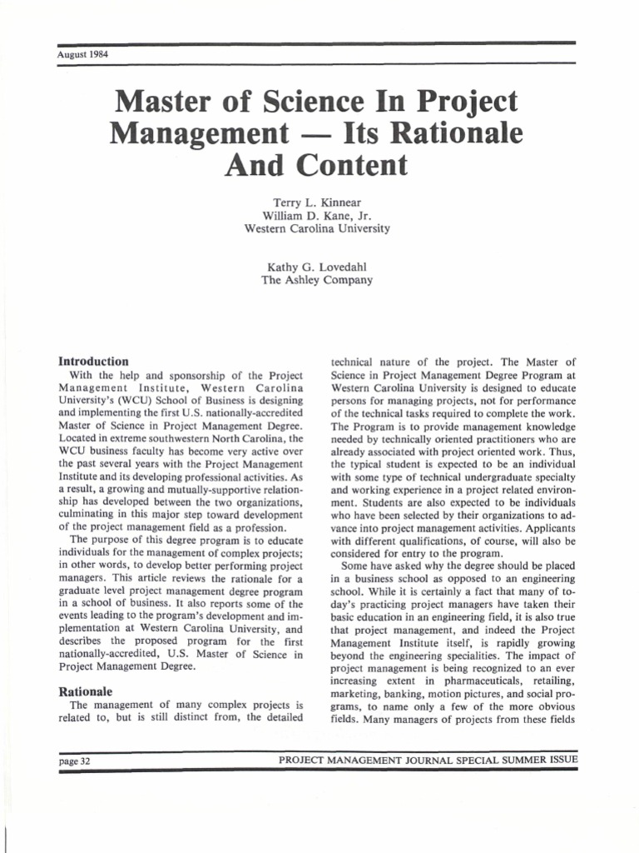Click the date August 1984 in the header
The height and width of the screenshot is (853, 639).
point(83,55)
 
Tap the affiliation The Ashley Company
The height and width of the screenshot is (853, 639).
point(316,280)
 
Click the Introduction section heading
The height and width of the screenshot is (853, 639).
point(93,362)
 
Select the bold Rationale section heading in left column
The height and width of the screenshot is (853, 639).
point(85,691)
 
